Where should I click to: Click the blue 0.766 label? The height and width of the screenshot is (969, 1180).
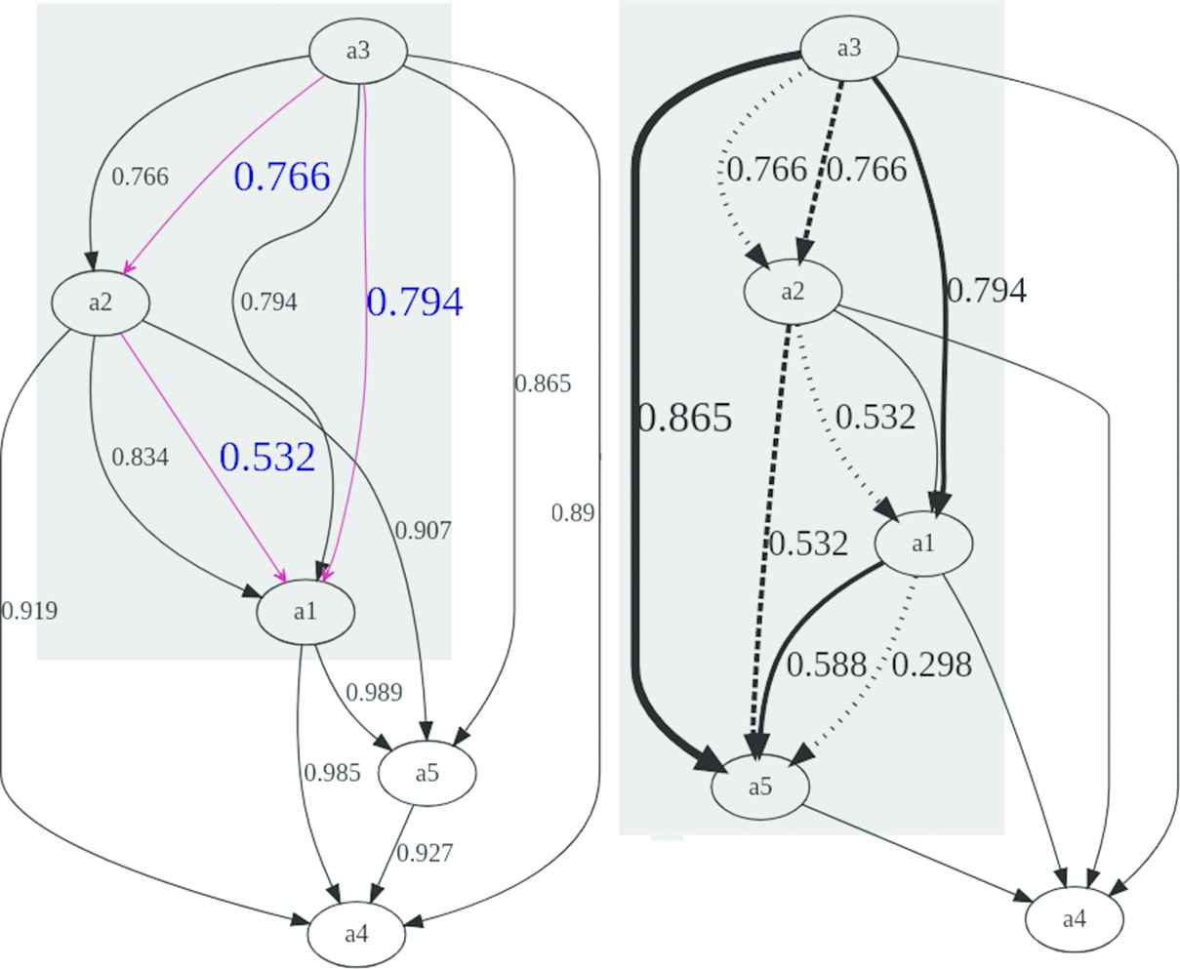282,177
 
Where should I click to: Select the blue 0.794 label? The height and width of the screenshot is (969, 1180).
414,303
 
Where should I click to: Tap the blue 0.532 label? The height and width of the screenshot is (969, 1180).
267,457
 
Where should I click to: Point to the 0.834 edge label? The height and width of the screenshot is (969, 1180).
140,457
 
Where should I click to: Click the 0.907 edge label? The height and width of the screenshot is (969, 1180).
423,531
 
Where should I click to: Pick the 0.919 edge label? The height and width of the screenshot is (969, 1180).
29,611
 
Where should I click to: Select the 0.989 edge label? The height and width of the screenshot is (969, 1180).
374,693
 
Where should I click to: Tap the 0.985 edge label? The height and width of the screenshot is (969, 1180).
332,773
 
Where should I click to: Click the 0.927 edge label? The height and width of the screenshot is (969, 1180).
425,853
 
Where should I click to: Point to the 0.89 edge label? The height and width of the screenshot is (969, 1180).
572,513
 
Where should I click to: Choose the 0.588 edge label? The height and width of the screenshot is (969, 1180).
826,665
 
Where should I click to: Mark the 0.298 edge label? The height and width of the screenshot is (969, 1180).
931,665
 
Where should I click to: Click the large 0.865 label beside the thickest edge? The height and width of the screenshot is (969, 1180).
683,418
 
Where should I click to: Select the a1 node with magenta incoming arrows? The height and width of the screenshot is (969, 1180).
305,612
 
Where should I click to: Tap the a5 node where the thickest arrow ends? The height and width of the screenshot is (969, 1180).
759,786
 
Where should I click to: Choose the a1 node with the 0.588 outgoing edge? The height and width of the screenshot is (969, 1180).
922,544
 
